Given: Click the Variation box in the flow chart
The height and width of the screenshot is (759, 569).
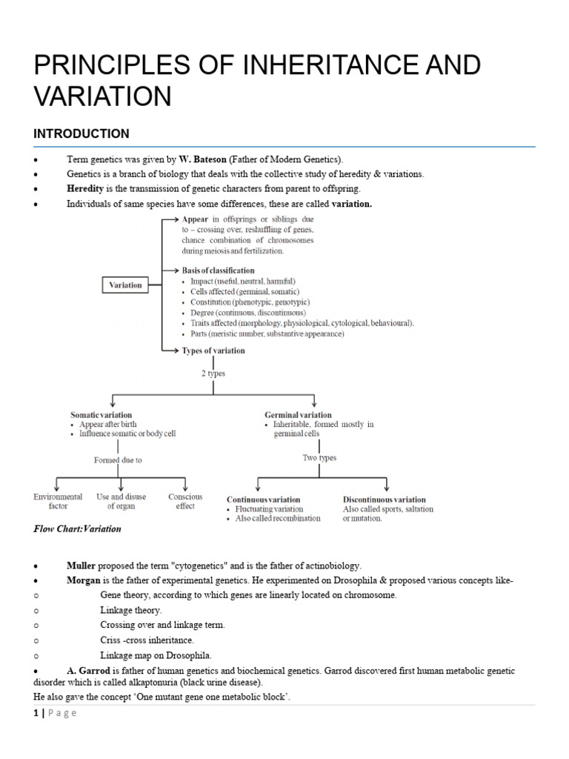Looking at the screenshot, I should coord(125,285).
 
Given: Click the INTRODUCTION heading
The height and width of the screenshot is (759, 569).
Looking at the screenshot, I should coord(81,133).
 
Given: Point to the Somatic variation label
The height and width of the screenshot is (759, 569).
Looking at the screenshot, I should coord(102,415).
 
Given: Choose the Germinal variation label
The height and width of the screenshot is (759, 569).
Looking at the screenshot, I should coord(298,415).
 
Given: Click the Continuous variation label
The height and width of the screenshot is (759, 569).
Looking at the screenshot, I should coord(263,500).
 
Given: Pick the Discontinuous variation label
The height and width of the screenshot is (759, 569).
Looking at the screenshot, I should coord(384,500).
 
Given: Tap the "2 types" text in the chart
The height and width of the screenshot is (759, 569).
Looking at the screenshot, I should coord(213,374).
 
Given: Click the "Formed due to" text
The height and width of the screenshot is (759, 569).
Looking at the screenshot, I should coord(118,460).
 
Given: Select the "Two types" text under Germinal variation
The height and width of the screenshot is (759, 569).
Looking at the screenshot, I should coord(319,458).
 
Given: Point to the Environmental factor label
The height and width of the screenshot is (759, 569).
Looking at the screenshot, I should coord(58,501).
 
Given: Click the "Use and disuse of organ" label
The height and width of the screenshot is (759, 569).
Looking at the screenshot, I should coord(121,501).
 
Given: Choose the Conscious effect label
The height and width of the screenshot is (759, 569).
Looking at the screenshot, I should coord(185,501).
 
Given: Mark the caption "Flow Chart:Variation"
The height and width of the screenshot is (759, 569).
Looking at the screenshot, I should coord(77,529).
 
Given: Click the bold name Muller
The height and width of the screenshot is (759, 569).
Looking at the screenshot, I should coord(81,566).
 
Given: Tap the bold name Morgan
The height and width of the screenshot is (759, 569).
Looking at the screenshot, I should coord(84,580).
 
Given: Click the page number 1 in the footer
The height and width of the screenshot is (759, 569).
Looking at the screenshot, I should coord(37,713).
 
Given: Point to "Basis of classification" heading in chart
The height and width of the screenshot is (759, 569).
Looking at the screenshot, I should coord(218,271).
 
